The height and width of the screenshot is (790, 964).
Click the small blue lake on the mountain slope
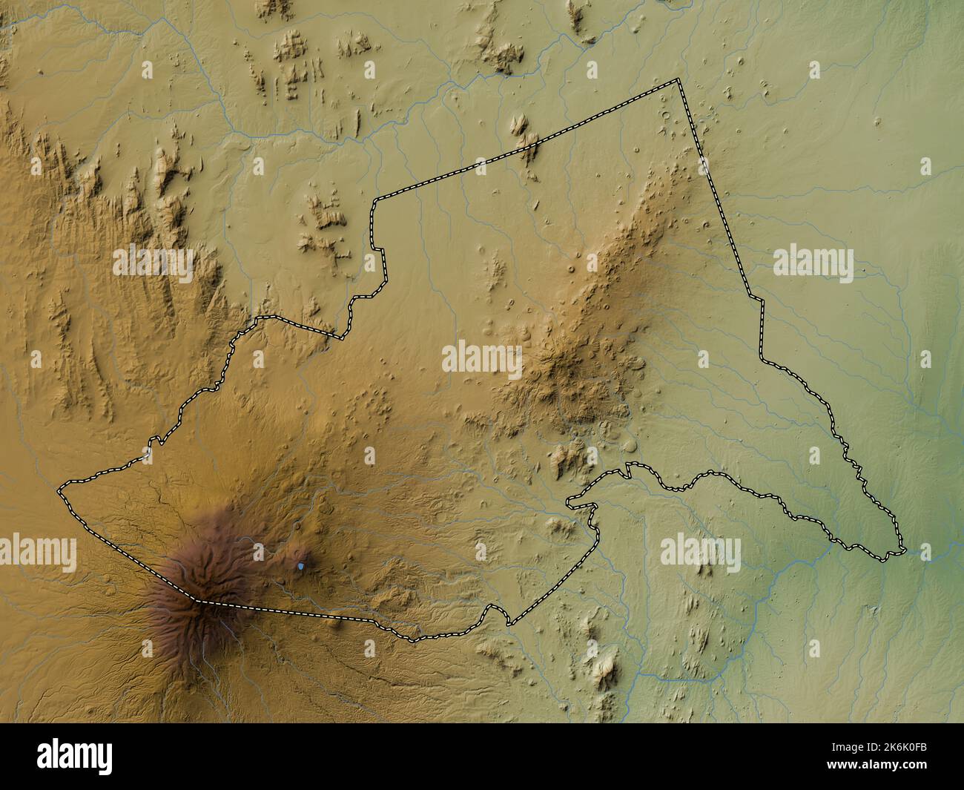pos(300,566)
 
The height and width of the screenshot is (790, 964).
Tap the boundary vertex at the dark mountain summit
pos(199,601)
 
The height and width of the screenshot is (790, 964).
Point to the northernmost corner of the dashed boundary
pos(677,79)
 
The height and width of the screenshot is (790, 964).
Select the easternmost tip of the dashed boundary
pos(904,550)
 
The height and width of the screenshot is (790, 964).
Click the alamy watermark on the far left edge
pos(37,553)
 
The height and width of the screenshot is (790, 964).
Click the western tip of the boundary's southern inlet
pos(569,504)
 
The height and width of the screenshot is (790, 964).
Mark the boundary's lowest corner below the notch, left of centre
pos(340,338)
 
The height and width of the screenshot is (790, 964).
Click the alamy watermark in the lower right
pos(700,553)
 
